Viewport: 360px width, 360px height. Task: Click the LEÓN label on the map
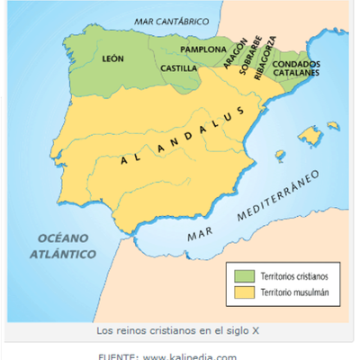(113, 58)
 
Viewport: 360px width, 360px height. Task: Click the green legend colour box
(242, 274)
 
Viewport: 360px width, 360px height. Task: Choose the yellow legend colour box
(242, 292)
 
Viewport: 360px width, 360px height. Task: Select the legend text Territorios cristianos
(293, 274)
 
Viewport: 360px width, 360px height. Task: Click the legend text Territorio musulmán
(293, 292)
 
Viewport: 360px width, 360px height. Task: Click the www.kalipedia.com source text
(190, 356)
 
